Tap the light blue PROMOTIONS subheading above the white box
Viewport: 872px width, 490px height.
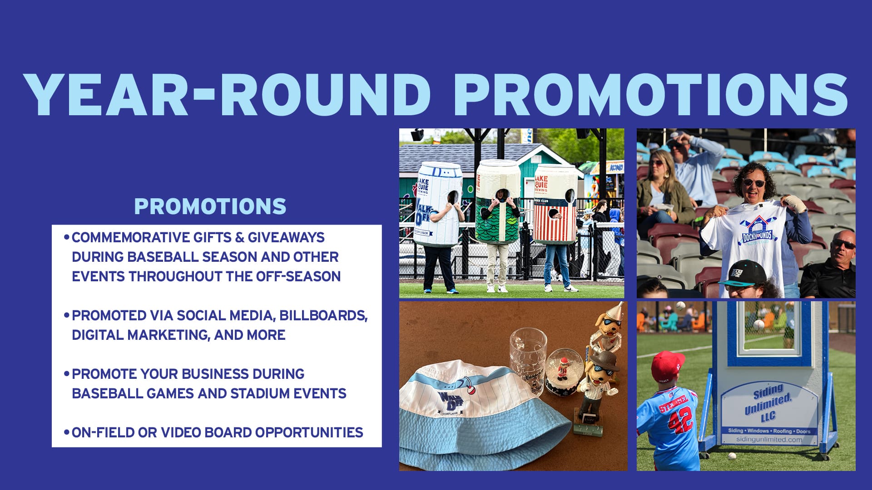[x=210, y=206]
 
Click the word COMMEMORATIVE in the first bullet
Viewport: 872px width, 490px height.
[x=130, y=237]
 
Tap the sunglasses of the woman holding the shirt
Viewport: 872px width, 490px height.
[x=753, y=183]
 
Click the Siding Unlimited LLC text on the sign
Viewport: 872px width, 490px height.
[x=768, y=402]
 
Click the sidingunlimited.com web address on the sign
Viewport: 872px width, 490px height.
[x=769, y=439]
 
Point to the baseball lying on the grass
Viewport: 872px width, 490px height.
[x=732, y=456]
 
